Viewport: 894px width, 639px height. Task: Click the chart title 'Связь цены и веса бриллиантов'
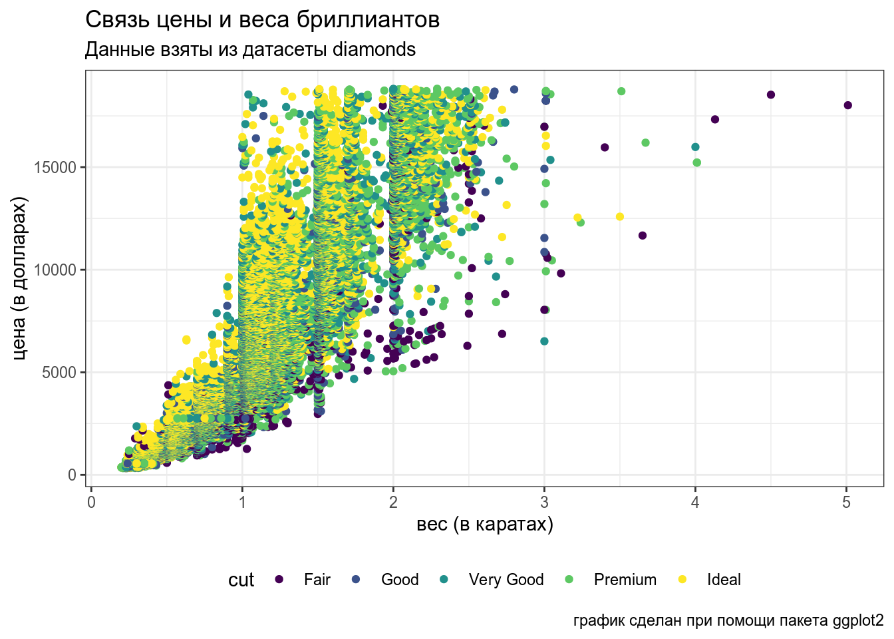[x=262, y=20]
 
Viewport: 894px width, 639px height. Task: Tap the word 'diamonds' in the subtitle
[x=374, y=50]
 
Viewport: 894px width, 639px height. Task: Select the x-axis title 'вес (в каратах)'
[x=485, y=525]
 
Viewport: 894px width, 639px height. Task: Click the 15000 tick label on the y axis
[x=56, y=167]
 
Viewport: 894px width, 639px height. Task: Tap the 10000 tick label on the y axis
[x=56, y=270]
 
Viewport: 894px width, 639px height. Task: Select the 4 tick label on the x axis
[x=695, y=503]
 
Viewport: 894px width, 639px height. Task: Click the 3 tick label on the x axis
[x=544, y=503]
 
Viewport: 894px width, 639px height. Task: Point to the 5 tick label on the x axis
[x=846, y=503]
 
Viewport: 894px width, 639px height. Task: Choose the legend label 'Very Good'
[x=506, y=580]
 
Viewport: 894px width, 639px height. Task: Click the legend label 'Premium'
[x=625, y=580]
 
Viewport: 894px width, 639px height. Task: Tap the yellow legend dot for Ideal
[x=682, y=580]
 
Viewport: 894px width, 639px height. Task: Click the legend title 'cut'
[x=241, y=580]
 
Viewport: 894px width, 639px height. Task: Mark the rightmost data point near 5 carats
[x=847, y=105]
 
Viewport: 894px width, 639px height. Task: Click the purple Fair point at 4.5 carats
[x=771, y=95]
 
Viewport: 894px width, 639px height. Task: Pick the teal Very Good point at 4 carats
[x=695, y=147]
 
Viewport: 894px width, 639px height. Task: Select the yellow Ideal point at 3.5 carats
[x=620, y=216]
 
